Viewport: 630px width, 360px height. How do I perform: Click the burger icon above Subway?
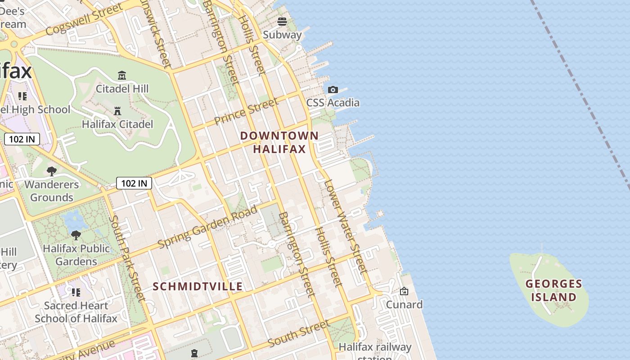click(282, 21)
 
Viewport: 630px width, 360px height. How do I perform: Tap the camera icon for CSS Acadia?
click(333, 90)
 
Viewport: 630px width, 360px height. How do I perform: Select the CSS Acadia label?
click(333, 103)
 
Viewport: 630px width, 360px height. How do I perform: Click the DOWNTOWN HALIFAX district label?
click(279, 142)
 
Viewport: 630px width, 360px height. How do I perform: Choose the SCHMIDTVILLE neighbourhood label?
click(198, 287)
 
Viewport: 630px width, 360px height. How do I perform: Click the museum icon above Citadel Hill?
click(121, 75)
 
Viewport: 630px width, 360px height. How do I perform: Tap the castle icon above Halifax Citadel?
click(117, 111)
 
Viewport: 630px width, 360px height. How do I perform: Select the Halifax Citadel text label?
click(117, 124)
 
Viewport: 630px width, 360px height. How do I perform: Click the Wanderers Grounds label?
click(51, 191)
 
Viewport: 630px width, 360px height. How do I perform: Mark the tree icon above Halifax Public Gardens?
click(76, 235)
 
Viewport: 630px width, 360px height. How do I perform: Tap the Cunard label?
click(404, 305)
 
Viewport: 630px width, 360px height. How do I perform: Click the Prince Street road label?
click(246, 112)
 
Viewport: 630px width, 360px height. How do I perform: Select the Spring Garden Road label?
click(208, 226)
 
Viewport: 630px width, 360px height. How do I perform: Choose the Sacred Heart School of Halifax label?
click(76, 312)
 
